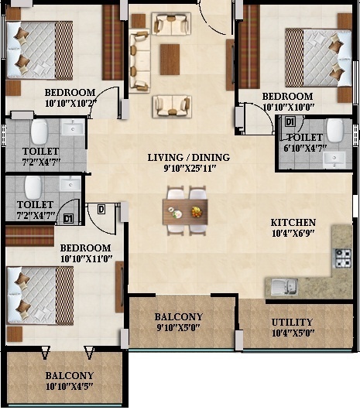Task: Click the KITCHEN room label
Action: pos(293,221)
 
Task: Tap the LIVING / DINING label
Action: pos(188,157)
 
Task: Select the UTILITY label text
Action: pos(292,322)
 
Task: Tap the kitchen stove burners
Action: pos(341,258)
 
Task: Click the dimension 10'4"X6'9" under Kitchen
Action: pos(293,233)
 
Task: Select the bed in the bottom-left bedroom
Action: pos(39,292)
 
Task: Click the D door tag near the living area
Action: pos(101,209)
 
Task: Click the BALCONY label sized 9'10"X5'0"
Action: pos(178,317)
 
